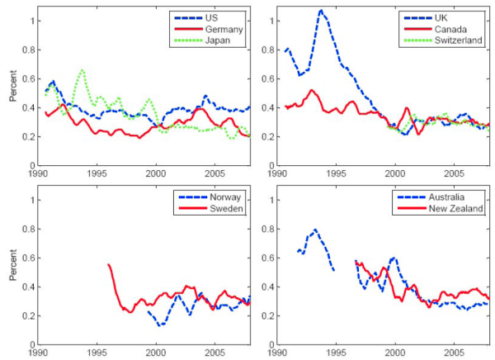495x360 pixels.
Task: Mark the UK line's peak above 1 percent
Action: (x=321, y=11)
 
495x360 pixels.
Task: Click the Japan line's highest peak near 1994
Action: (x=82, y=70)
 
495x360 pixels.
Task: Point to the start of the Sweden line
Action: (x=108, y=264)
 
